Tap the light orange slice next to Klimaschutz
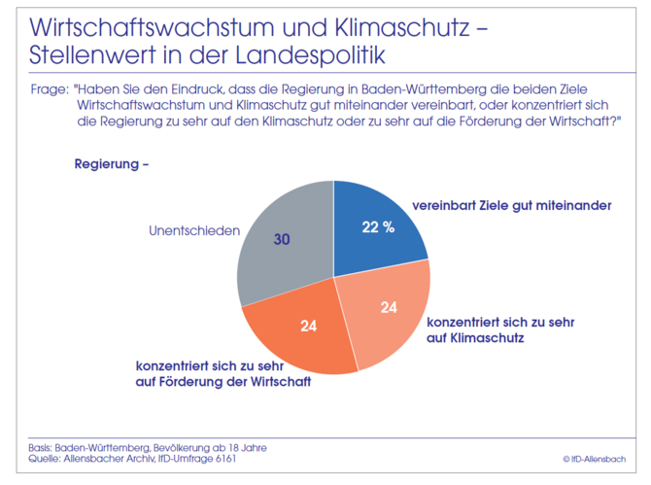384,316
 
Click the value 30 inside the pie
282,238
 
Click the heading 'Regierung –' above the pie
112,163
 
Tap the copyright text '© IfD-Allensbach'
595,458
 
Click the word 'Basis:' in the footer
40,446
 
